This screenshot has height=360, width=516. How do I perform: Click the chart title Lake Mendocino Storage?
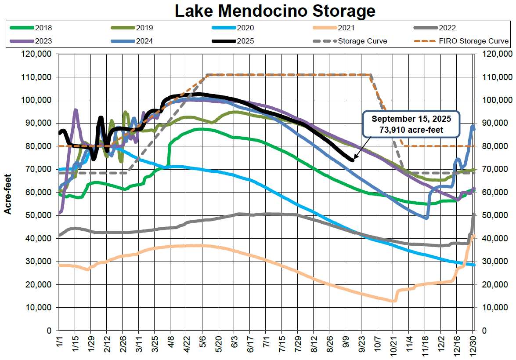point(275,11)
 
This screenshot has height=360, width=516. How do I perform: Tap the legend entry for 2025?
point(245,41)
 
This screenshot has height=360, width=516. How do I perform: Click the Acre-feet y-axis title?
point(7,193)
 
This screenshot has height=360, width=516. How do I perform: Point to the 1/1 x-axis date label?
point(59,345)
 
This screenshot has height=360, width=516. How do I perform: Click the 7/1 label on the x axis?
point(266,345)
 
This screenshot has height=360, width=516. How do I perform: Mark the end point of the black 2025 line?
point(352,160)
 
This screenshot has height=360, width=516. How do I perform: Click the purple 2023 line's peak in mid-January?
point(76,110)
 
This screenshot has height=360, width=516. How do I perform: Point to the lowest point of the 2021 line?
point(393,301)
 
